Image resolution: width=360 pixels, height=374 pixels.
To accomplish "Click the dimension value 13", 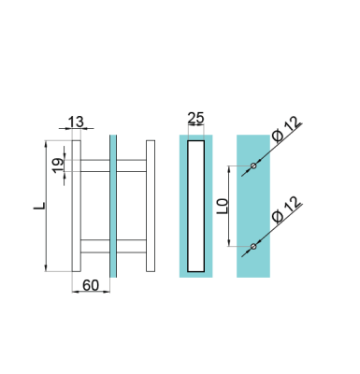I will point(76,122).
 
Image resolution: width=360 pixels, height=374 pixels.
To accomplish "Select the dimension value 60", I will point(91,284).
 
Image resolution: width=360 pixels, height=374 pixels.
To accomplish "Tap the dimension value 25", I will point(196,119).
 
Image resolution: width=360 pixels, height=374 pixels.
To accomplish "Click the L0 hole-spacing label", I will point(221,206).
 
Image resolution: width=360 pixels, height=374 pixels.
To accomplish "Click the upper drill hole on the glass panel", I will point(253,166).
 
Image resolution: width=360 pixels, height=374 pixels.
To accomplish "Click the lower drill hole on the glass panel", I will point(253,247).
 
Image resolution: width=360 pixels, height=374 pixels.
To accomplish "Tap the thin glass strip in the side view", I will point(112,206).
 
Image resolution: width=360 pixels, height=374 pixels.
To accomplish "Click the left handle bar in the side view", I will point(78,206).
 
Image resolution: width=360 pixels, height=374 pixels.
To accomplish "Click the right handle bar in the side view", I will point(150,206).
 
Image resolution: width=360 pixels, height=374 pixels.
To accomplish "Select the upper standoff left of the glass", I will point(95,165).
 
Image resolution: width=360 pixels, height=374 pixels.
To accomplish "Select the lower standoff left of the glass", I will point(95,246).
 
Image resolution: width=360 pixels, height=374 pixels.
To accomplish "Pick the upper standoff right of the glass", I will point(130,165).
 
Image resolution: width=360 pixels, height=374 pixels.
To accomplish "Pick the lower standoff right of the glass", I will point(130,246).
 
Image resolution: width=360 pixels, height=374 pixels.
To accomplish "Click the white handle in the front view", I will point(196,206).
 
